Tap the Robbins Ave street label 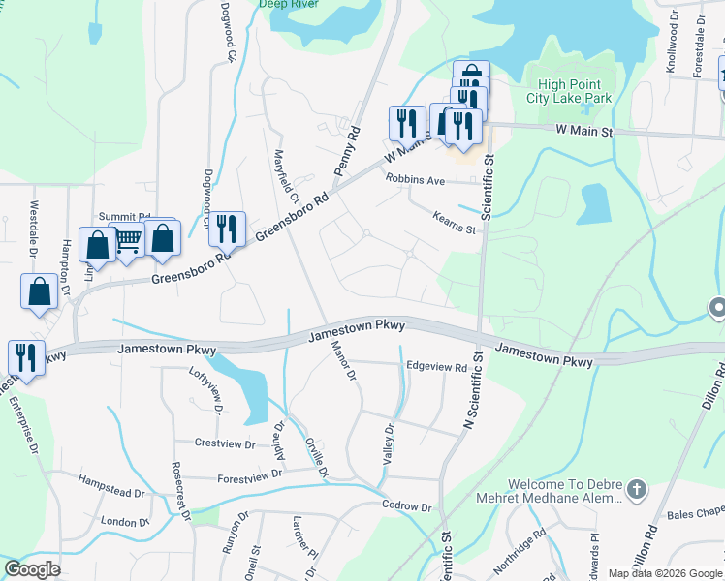pyautogui.click(x=415, y=180)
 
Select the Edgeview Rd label pyautogui.click(x=436, y=367)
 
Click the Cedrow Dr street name pyautogui.click(x=406, y=506)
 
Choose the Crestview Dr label pyautogui.click(x=224, y=443)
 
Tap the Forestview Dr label pyautogui.click(x=249, y=474)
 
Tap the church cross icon pyautogui.click(x=636, y=489)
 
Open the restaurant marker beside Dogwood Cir pyautogui.click(x=227, y=229)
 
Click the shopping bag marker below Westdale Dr pyautogui.click(x=38, y=290)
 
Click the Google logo pyautogui.click(x=33, y=569)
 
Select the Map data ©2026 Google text pyautogui.click(x=664, y=573)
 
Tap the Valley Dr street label pyautogui.click(x=389, y=443)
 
